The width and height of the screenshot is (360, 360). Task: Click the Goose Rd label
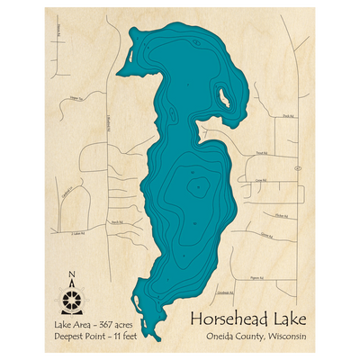[x=265, y=236]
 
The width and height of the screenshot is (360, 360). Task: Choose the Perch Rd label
[x=116, y=221]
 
